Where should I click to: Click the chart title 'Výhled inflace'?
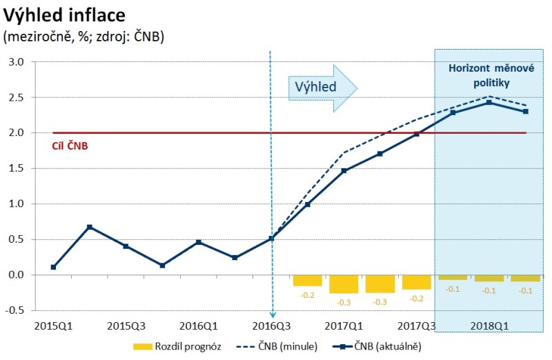coord(65,14)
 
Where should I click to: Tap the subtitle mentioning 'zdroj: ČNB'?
coord(83,37)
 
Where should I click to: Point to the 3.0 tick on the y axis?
coord(15,62)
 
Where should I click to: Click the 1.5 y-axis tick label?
coord(15,168)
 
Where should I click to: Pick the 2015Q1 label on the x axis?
coord(53,325)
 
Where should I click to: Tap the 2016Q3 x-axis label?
coord(271,325)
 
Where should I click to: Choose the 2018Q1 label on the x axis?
coord(489,325)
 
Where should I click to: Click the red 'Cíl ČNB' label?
coord(70,146)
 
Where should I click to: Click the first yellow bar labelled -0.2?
coord(307,280)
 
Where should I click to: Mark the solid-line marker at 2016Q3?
coord(271,239)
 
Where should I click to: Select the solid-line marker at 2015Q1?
coord(53,267)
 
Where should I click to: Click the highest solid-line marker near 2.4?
coord(489,103)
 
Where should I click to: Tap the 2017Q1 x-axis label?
coord(344,325)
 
